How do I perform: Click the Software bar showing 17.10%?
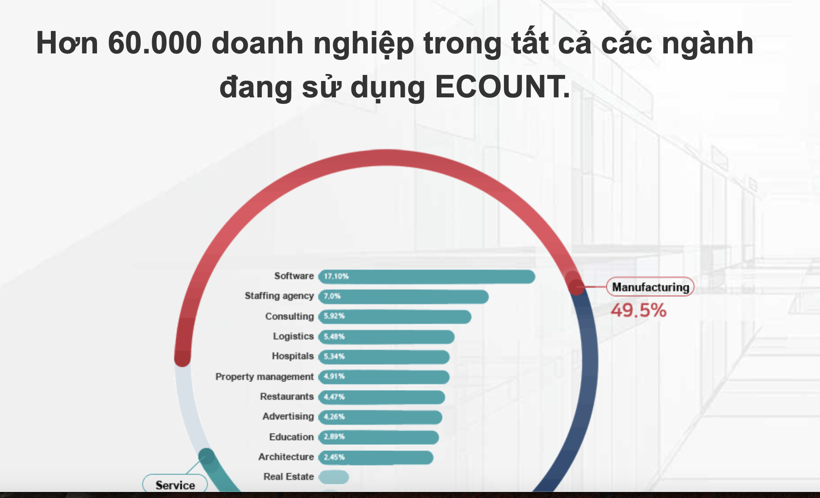pyautogui.click(x=427, y=277)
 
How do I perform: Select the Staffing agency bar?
pyautogui.click(x=404, y=296)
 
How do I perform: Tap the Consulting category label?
pyautogui.click(x=289, y=316)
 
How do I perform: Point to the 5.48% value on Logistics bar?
pyautogui.click(x=334, y=336)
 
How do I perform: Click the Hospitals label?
pyautogui.click(x=293, y=356)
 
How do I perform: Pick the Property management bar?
pyautogui.click(x=384, y=377)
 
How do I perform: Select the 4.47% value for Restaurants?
pyautogui.click(x=334, y=397)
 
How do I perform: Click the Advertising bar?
pyautogui.click(x=380, y=417)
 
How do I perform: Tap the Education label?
pyautogui.click(x=291, y=437)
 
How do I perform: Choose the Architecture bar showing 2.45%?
pyautogui.click(x=376, y=457)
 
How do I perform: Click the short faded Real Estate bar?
pyautogui.click(x=334, y=477)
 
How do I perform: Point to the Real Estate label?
pyautogui.click(x=288, y=476)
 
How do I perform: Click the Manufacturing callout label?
pyautogui.click(x=651, y=287)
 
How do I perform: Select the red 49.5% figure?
pyautogui.click(x=638, y=310)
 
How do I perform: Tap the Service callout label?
pyautogui.click(x=175, y=485)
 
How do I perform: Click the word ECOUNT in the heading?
pyautogui.click(x=502, y=87)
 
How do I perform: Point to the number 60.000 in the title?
pyautogui.click(x=155, y=43)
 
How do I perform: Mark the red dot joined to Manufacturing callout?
pyautogui.click(x=576, y=286)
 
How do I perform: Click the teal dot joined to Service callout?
pyautogui.click(x=207, y=456)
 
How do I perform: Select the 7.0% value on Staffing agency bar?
pyautogui.click(x=332, y=296)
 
